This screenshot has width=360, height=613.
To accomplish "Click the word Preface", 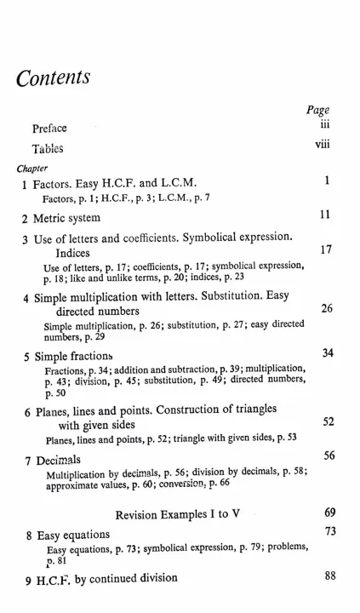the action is pyautogui.click(x=49, y=129).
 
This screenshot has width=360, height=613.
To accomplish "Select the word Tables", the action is pyautogui.click(x=48, y=148).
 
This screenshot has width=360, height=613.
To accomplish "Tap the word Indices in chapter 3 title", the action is pyautogui.click(x=78, y=253).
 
